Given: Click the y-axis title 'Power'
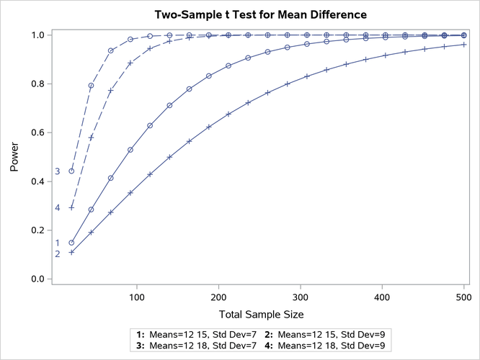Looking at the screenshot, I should (x=15, y=157).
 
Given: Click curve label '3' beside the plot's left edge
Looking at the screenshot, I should (x=57, y=171).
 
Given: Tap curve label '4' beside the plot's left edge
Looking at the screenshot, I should (x=57, y=208).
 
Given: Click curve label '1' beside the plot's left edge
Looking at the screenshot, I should (x=57, y=243).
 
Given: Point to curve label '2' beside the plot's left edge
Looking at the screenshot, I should (x=57, y=253).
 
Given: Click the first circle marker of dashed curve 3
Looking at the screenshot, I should (x=71, y=171).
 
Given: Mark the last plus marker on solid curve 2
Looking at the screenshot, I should (x=463, y=45).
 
